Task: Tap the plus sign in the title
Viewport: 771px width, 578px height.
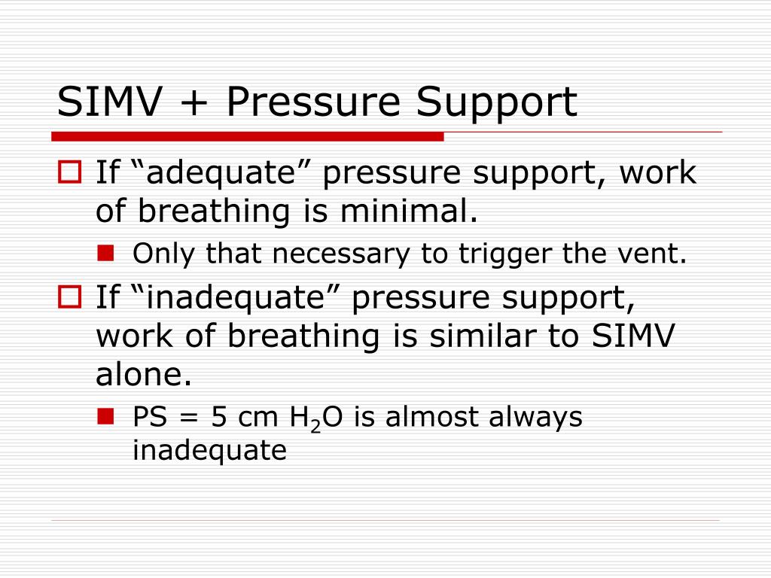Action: click(198, 104)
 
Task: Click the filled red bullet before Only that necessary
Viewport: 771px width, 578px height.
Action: click(105, 254)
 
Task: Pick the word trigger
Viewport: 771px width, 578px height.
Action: click(504, 254)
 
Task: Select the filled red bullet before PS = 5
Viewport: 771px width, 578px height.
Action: click(105, 416)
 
